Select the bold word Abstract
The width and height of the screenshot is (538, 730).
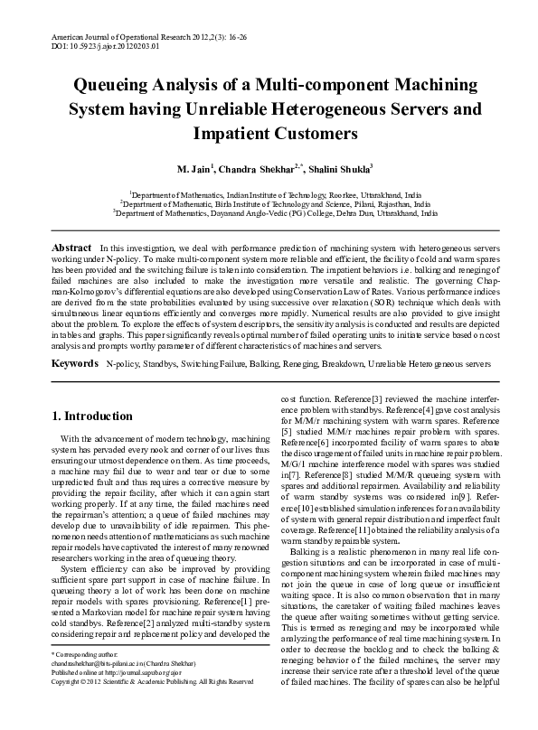coord(71,248)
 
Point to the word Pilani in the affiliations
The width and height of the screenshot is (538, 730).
coord(348,204)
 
